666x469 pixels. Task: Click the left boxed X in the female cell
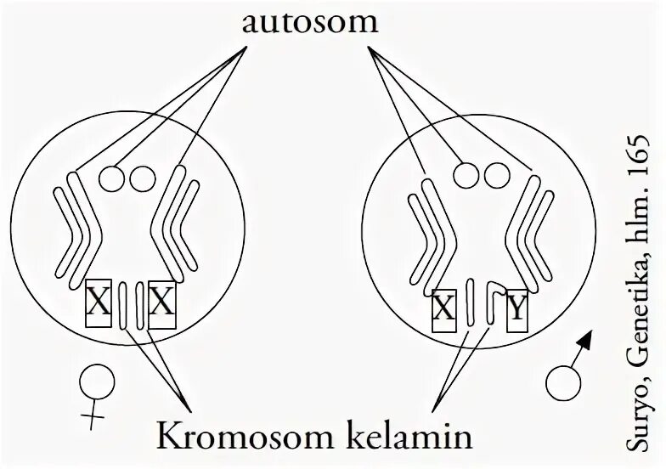[99, 304]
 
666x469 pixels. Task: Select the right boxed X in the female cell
[161, 304]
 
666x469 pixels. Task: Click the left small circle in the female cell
[112, 178]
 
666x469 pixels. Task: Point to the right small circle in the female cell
[141, 178]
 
